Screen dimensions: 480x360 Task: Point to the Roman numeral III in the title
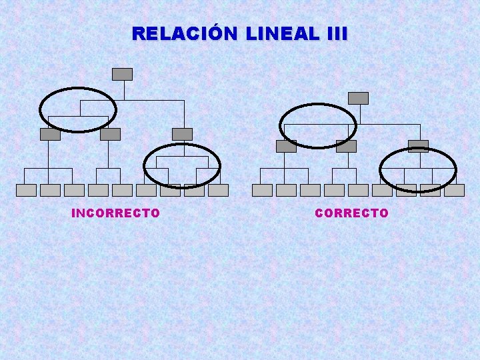tap(337, 33)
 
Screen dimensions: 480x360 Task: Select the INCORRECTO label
tap(115, 213)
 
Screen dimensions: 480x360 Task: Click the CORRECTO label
tap(351, 213)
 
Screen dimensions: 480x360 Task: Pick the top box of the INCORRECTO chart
tap(122, 74)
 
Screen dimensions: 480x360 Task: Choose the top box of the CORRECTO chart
tap(358, 98)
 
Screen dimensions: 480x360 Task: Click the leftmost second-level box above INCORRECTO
tap(50, 134)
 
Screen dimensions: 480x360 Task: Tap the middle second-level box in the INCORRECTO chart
tap(110, 134)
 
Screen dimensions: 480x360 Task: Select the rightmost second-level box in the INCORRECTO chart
tap(182, 134)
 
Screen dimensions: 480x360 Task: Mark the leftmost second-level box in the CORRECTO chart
tap(286, 146)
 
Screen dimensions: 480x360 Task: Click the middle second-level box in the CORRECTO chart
tap(346, 146)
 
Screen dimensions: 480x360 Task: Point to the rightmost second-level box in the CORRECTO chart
tap(418, 146)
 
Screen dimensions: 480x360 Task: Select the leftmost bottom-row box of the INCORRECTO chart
tap(26, 190)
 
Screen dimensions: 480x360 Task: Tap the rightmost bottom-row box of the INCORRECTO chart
tap(218, 190)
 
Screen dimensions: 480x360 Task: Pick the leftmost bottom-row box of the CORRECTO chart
tap(262, 190)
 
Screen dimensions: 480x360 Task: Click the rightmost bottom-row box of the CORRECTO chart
tap(454, 190)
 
